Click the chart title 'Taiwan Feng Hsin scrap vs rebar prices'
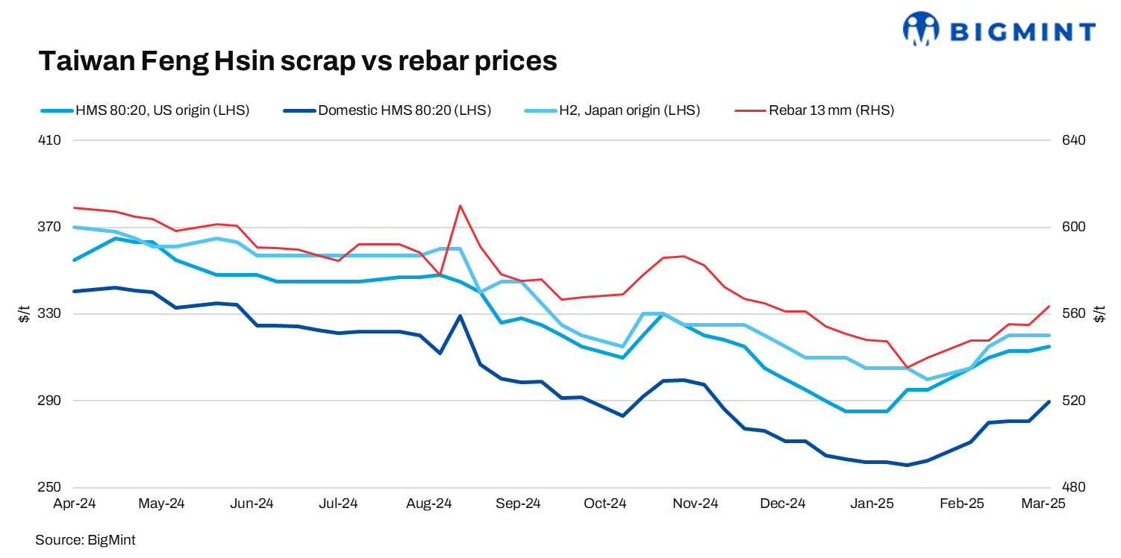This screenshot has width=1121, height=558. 298,61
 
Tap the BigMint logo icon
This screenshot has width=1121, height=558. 920,30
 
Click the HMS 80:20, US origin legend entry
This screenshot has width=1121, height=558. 161,110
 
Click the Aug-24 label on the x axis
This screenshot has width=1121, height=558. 430,504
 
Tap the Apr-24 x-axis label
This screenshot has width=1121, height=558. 75,504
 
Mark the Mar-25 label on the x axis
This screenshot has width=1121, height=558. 1043,504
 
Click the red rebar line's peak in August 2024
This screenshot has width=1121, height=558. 460,205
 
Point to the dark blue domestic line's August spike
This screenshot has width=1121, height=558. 460,316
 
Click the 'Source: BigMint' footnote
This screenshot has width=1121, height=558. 85,539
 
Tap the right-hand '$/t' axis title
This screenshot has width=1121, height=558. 1098,314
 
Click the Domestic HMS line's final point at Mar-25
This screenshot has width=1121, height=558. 1049,402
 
